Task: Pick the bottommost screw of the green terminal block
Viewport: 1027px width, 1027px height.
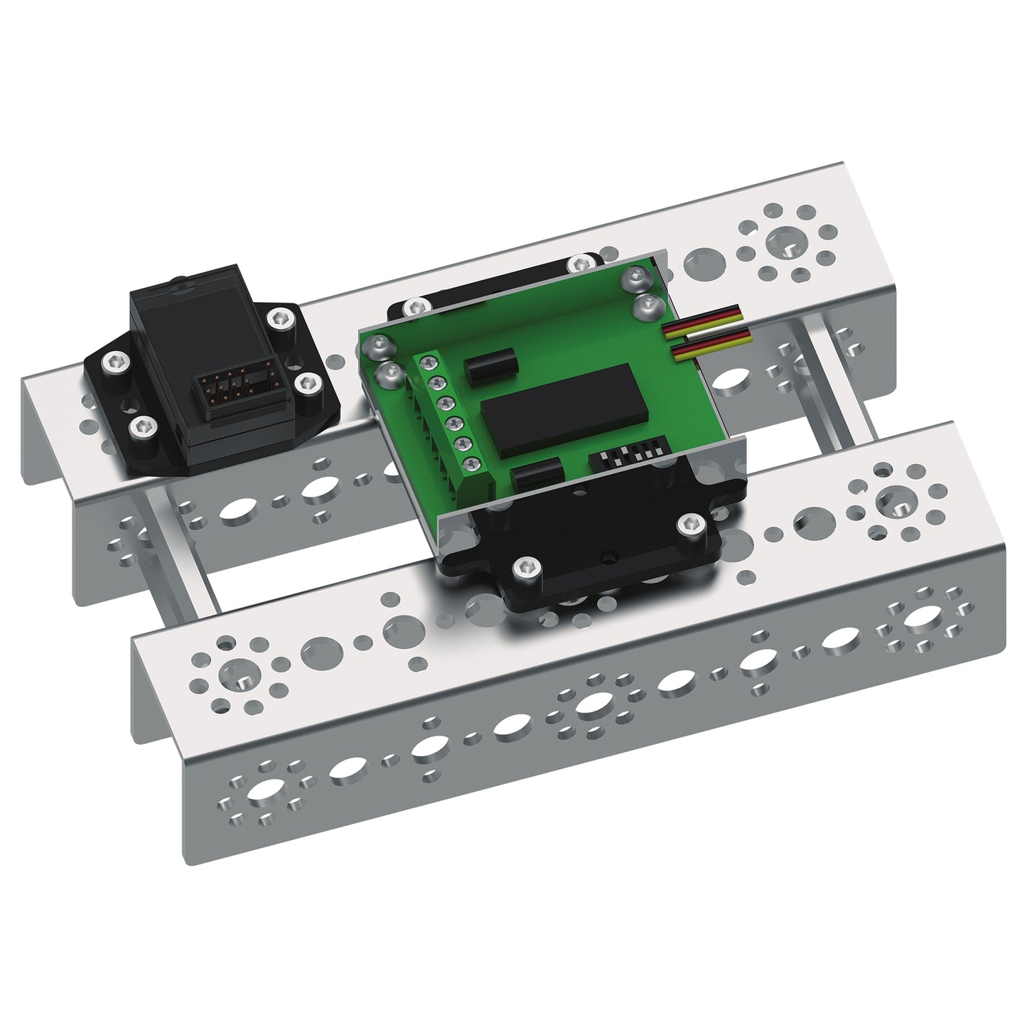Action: [468, 466]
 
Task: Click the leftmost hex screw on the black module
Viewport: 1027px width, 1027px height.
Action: [114, 362]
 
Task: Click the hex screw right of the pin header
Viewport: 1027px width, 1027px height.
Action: [308, 383]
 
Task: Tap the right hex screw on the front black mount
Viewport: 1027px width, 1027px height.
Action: [689, 525]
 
